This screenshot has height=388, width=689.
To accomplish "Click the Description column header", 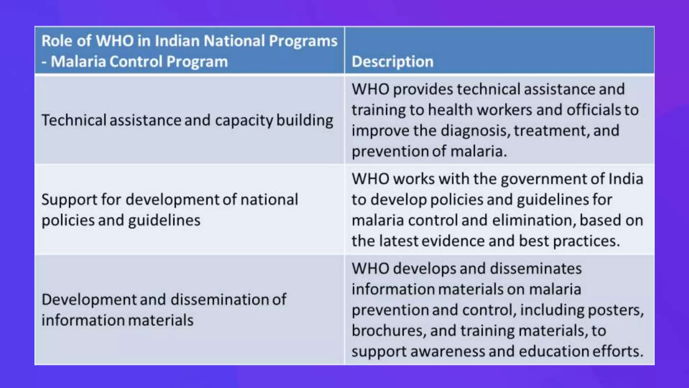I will point(392,62).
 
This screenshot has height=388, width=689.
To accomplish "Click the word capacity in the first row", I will point(244,121).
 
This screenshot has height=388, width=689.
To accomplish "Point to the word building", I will point(304,121).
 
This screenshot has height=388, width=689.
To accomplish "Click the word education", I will point(553,352).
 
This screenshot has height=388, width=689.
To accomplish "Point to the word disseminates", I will point(536,269).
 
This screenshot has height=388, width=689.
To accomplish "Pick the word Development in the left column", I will point(89,300).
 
